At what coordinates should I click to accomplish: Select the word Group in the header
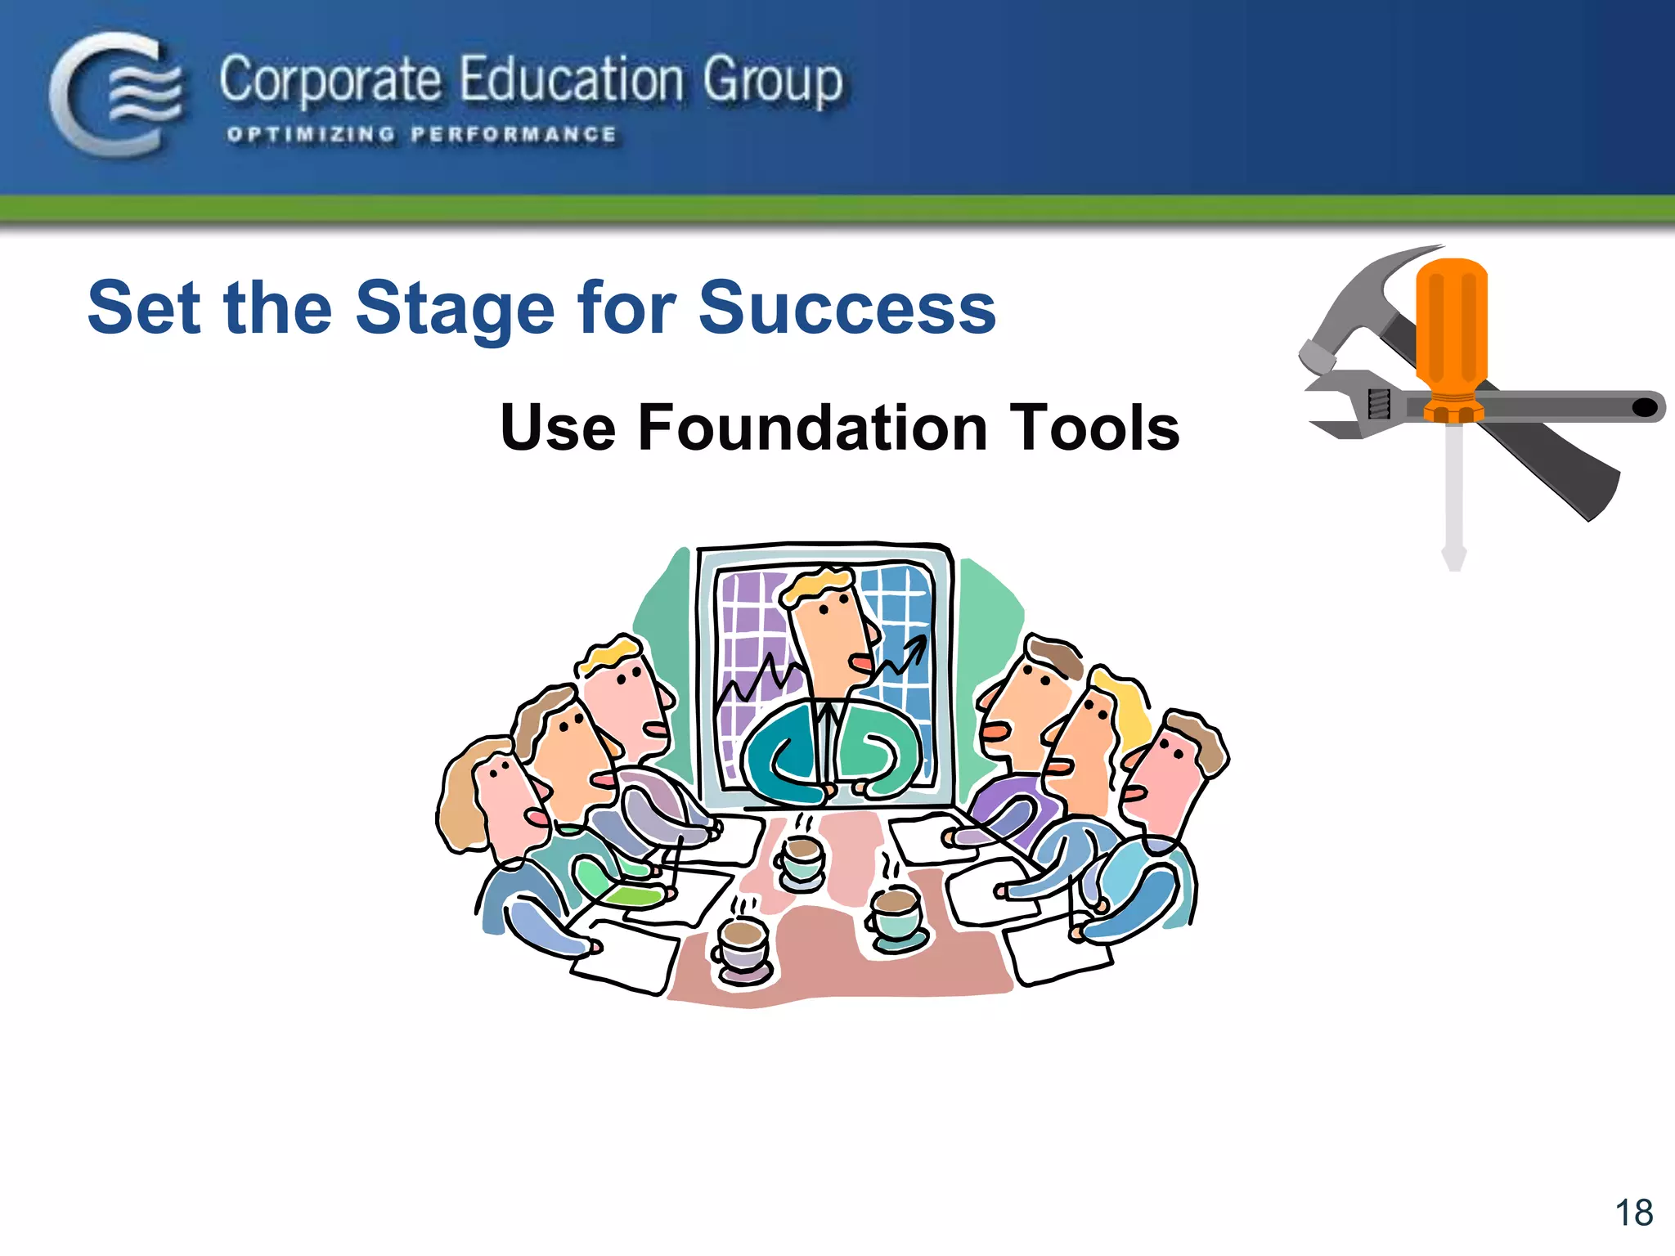click(772, 82)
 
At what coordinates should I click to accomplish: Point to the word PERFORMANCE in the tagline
click(514, 135)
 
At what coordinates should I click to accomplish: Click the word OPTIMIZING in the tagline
click(311, 135)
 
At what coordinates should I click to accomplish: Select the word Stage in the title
click(456, 308)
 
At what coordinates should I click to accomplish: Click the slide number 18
click(1633, 1213)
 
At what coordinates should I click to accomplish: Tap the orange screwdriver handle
click(1452, 327)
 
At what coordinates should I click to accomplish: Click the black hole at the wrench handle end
click(1645, 407)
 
